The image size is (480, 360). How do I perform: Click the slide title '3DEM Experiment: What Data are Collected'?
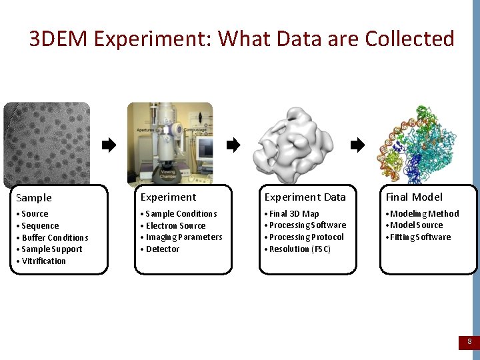coord(241,39)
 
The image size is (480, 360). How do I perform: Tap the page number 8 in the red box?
coord(469,342)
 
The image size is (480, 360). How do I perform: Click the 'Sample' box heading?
coord(34,198)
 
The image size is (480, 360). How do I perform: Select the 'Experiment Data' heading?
coord(305,197)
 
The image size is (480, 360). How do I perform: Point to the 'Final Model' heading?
coord(413,197)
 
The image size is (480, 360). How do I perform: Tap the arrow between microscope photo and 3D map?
coord(233,145)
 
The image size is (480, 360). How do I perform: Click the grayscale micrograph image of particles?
coord(47,143)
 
